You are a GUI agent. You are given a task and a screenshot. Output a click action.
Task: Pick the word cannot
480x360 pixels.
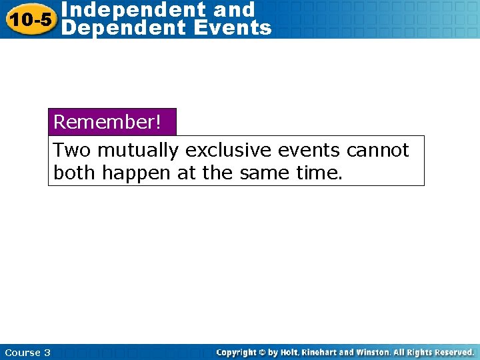point(377,151)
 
